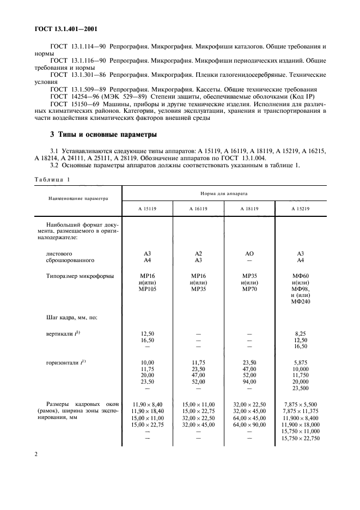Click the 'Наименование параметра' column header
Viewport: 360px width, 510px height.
coord(78,199)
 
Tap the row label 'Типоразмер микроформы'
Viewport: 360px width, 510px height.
coord(80,276)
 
